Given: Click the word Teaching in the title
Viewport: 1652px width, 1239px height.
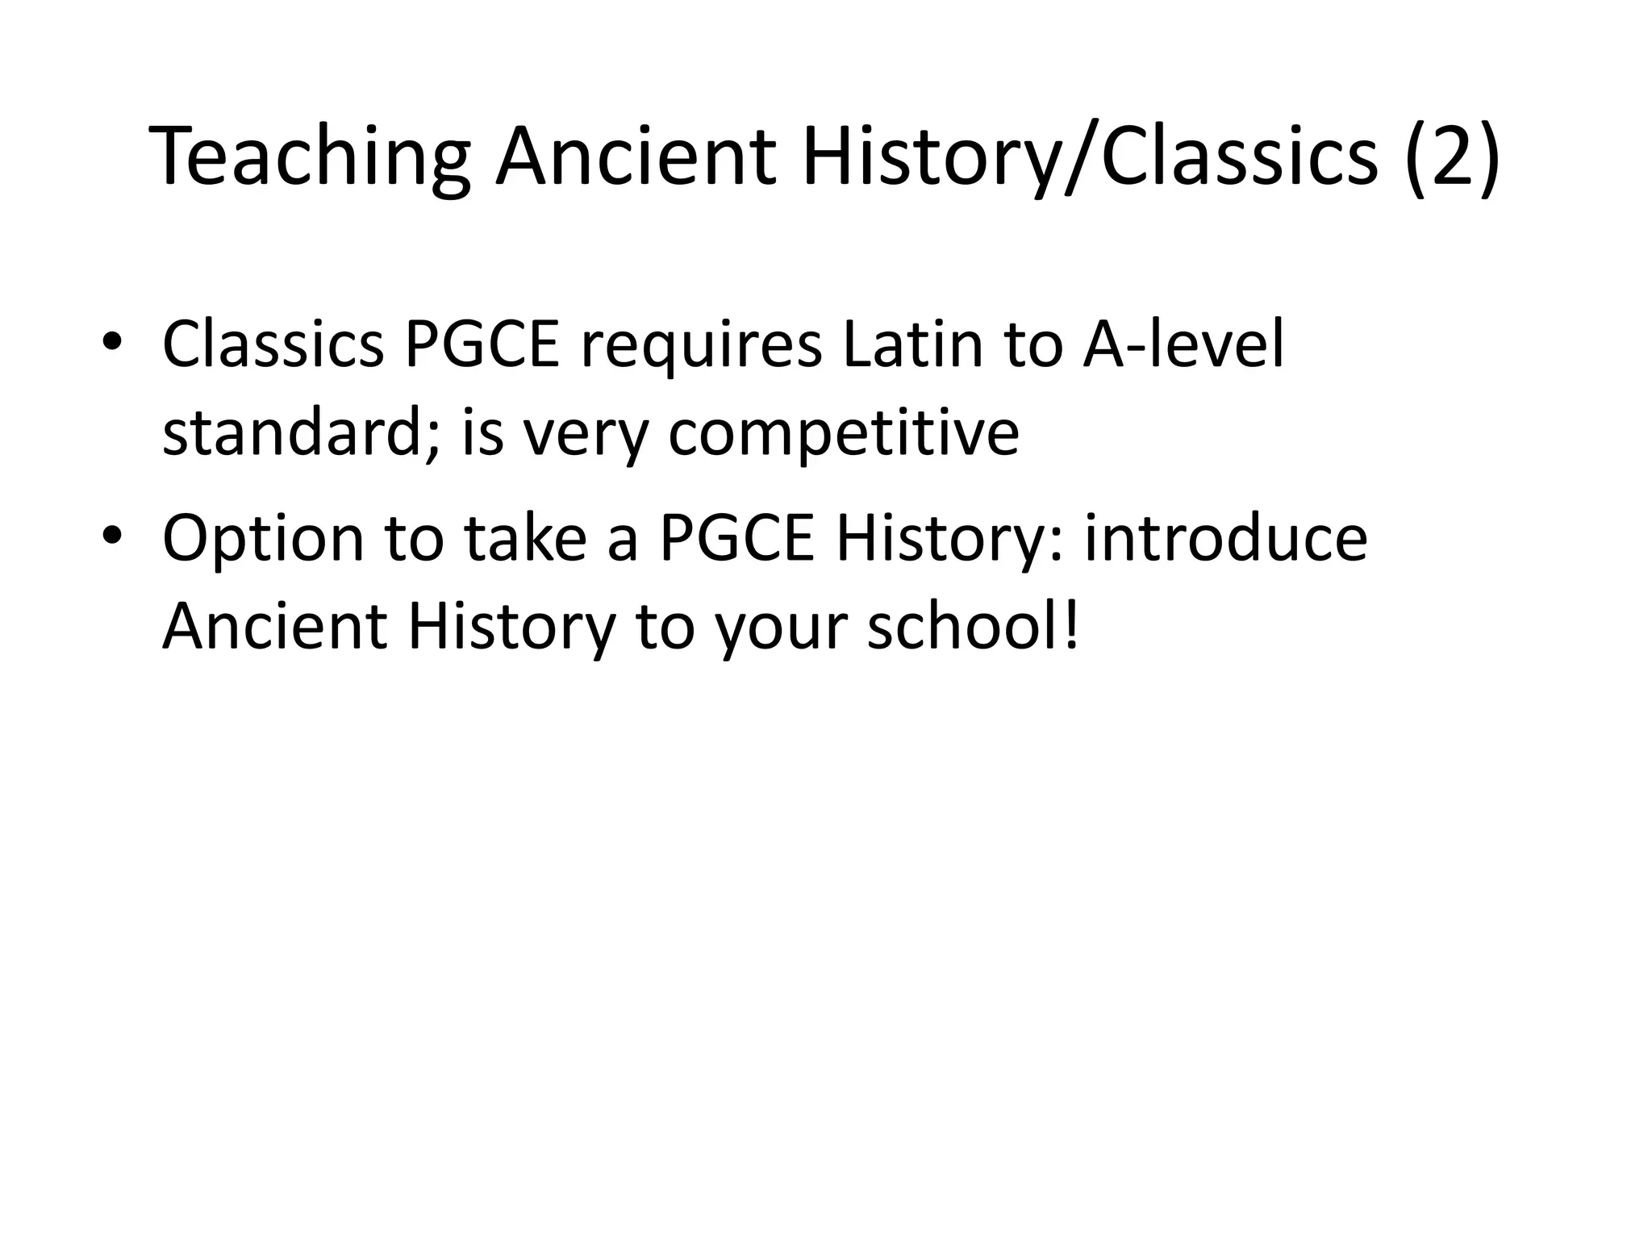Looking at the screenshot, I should (311, 157).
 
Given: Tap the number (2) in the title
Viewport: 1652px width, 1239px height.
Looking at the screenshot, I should (1452, 157).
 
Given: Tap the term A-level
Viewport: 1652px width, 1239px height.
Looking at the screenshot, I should (1183, 345).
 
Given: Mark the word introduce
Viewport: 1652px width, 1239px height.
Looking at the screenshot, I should (1225, 539).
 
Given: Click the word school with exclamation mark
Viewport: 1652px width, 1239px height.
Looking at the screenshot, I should (972, 627).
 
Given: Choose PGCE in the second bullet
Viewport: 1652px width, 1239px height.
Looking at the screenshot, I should (737, 539).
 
